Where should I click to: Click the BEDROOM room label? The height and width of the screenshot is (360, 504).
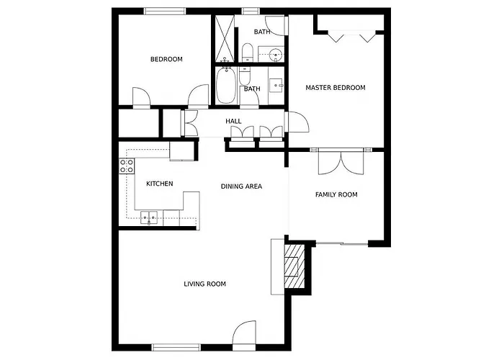[166, 59]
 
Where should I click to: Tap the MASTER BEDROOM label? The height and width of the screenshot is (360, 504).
[336, 87]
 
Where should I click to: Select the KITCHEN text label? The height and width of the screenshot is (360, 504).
[159, 184]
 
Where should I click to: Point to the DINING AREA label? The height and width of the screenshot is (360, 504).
[241, 186]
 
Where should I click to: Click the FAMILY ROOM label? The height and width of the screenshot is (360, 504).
[336, 194]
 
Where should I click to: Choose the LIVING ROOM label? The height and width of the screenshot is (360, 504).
[204, 284]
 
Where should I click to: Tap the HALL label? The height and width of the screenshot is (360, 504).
[233, 121]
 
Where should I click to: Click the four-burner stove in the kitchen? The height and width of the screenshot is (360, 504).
[127, 166]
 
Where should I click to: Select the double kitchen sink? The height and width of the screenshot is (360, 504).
[149, 217]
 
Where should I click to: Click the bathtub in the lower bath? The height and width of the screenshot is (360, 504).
[226, 85]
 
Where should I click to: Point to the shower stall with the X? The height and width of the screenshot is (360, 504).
[225, 38]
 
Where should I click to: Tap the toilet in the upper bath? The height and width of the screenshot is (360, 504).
[247, 52]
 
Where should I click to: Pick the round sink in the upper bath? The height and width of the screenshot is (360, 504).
[276, 54]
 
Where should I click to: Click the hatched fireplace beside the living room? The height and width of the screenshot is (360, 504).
[294, 266]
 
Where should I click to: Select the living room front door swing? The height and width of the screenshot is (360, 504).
[244, 333]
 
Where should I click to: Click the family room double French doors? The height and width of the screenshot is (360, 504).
[341, 163]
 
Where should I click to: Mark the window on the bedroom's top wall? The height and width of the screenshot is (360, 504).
[165, 11]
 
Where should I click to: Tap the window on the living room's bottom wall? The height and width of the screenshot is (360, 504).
[176, 347]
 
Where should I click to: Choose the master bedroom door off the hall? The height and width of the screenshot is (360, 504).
[297, 122]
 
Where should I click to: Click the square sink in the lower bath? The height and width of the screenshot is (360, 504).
[276, 86]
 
